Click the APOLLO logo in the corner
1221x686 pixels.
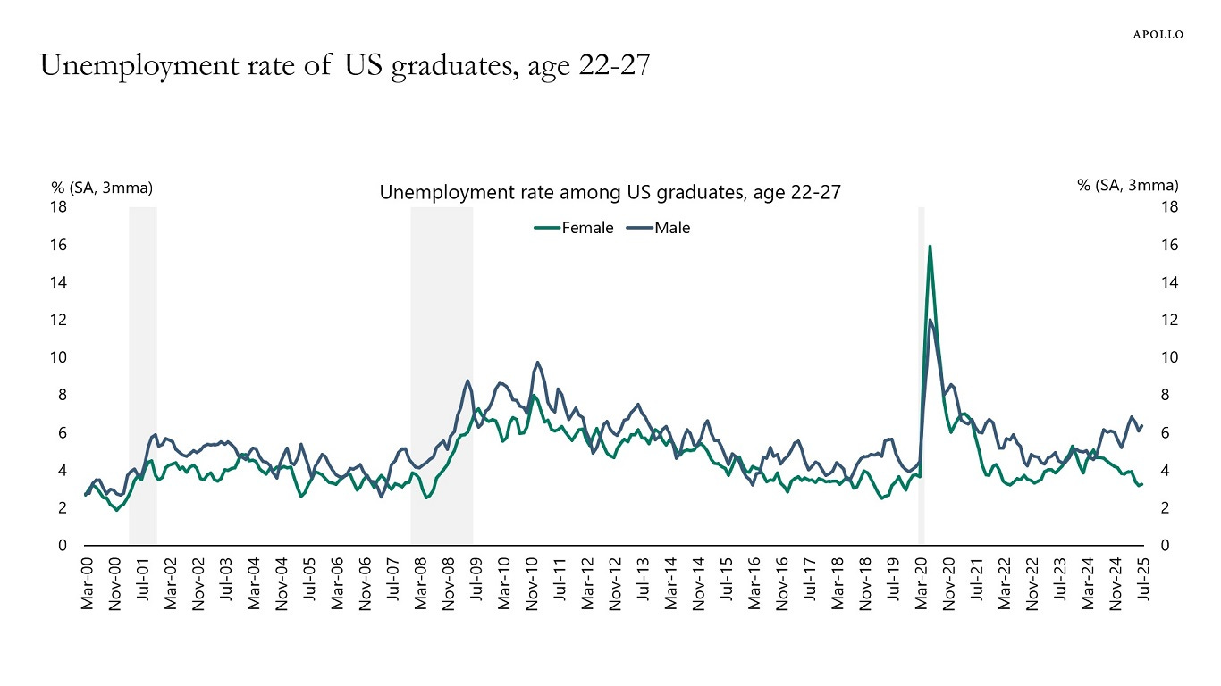1158,34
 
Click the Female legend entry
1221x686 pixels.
575,228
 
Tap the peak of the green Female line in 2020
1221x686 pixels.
930,246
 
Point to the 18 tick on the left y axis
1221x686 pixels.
58,207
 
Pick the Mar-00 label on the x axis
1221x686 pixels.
88,586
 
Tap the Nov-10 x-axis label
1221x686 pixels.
531,586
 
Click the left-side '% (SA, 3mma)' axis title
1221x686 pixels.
101,187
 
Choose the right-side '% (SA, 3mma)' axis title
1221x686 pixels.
1128,185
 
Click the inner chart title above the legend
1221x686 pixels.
610,192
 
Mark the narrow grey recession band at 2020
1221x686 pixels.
921,375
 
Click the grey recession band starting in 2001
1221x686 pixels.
143,375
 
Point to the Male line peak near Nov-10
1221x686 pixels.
537,362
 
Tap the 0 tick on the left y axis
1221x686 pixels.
63,546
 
